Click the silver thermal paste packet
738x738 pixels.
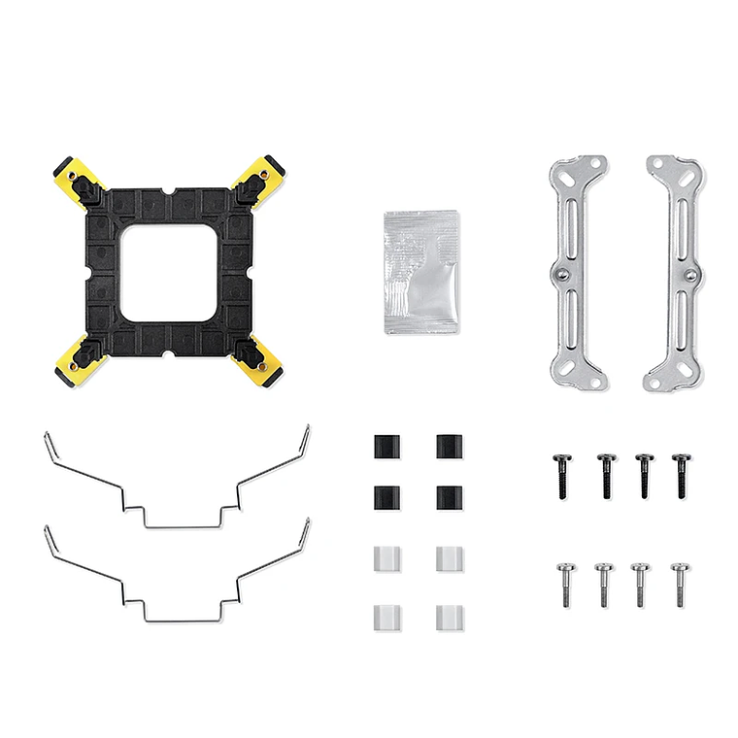420,271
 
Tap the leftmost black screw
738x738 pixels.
561,475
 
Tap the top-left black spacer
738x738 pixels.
386,448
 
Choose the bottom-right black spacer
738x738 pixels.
449,498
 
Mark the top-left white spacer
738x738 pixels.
386,558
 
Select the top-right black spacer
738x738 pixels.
449,448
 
